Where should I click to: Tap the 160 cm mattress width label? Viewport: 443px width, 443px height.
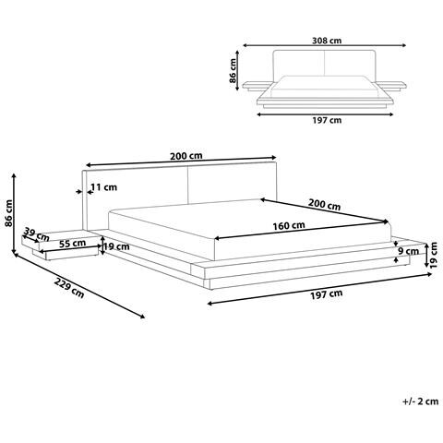(289, 225)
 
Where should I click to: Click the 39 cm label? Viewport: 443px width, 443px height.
(31, 233)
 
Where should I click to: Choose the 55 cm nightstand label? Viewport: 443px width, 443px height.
(72, 244)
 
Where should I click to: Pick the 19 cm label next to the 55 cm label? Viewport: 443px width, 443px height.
(116, 246)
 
